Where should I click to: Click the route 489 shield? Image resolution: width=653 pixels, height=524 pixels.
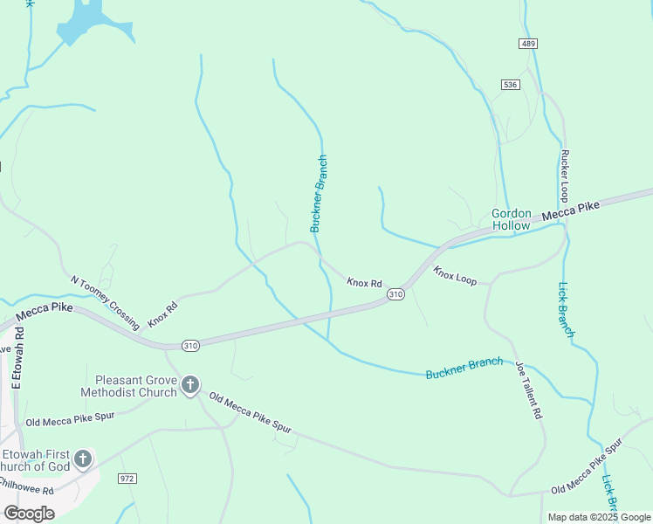coord(527,44)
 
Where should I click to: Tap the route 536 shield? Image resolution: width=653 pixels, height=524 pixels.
coord(511,85)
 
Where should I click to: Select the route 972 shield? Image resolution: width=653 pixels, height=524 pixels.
coord(128,479)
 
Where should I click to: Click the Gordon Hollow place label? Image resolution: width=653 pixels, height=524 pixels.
coord(511,219)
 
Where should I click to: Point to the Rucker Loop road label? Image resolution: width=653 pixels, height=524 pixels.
coord(565,176)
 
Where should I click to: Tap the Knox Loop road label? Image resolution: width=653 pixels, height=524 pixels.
coord(455,276)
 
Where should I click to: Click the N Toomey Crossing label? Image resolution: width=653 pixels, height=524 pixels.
coord(104,303)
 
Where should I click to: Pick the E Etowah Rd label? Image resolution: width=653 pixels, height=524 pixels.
coord(16,355)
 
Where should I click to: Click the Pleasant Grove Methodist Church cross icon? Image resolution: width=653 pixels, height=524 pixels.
coord(190,385)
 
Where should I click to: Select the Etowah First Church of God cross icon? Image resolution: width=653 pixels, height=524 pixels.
coord(83,458)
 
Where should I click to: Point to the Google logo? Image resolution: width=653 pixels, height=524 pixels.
coord(29,513)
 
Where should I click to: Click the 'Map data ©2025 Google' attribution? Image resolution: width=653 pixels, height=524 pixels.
coord(599,517)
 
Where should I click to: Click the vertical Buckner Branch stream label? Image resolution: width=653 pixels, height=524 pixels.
coord(319,194)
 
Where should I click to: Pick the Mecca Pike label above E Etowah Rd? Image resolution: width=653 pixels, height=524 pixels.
coord(44,312)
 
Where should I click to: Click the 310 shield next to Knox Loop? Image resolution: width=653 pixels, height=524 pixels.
coord(395,294)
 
